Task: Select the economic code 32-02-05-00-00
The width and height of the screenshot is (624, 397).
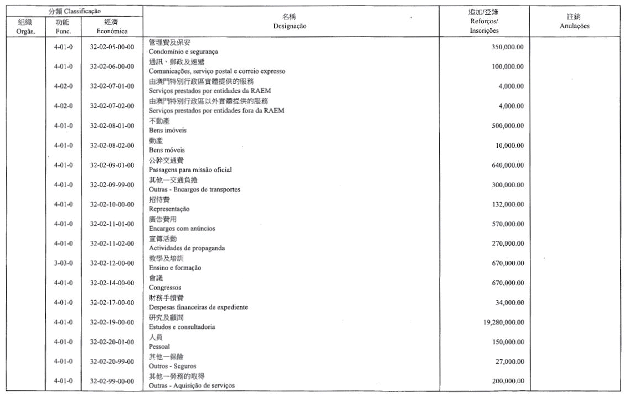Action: click(112, 47)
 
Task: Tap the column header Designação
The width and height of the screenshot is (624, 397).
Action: click(290, 26)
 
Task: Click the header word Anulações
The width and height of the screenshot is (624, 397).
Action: click(574, 26)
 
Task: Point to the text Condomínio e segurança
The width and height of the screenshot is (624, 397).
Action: click(176, 51)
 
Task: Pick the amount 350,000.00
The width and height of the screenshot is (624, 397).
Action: click(507, 47)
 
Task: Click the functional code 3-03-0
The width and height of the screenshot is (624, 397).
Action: click(63, 263)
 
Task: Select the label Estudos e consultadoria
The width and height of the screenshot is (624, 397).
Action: click(182, 327)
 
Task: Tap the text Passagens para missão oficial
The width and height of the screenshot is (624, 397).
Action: click(190, 169)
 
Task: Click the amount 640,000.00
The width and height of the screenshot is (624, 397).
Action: click(507, 165)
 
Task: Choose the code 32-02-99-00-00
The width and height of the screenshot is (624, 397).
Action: click(112, 381)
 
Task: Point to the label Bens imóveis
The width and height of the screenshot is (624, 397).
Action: click(168, 130)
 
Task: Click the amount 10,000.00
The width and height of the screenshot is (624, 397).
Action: click(509, 146)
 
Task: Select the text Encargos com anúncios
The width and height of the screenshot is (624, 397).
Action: click(182, 228)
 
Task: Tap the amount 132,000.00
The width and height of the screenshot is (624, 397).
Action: click(507, 204)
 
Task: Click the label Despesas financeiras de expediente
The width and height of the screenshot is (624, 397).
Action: click(198, 307)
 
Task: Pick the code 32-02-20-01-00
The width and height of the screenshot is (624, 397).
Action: click(112, 342)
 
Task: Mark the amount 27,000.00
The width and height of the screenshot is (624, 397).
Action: click(509, 362)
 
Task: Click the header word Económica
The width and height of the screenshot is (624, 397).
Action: click(112, 31)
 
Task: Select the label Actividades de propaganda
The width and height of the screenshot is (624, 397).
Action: click(187, 248)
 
